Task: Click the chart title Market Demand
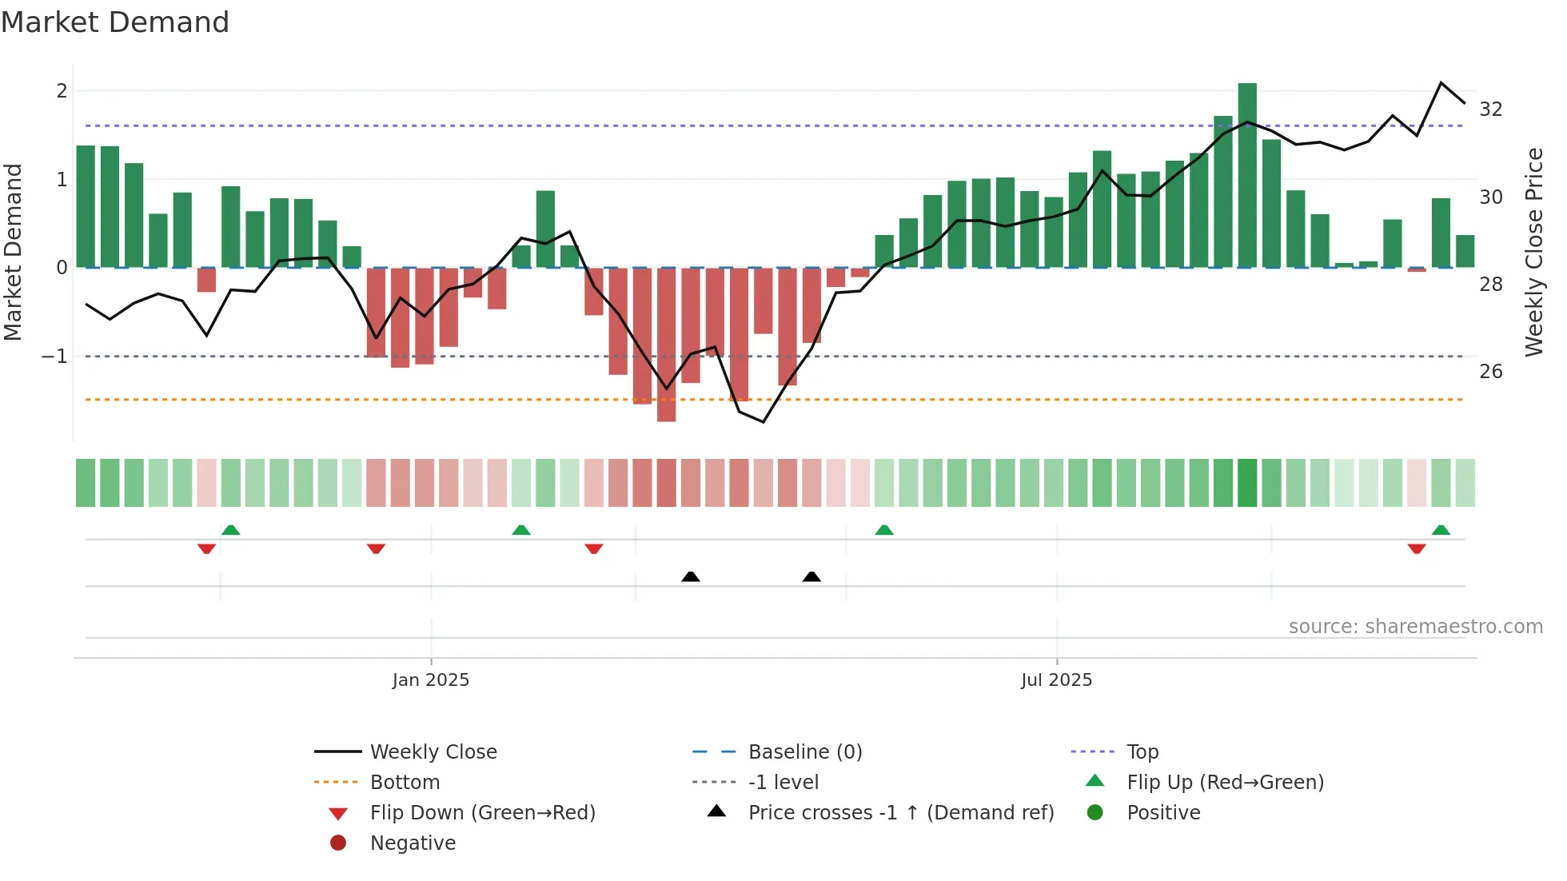pyautogui.click(x=115, y=22)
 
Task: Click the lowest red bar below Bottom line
pyautogui.click(x=666, y=344)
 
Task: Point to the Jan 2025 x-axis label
pyautogui.click(x=431, y=680)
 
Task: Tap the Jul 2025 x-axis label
pyautogui.click(x=1056, y=680)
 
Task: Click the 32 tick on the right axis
pyautogui.click(x=1491, y=110)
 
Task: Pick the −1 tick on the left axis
pyautogui.click(x=55, y=357)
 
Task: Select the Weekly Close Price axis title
pyautogui.click(x=1533, y=252)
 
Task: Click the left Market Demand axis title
pyautogui.click(x=14, y=252)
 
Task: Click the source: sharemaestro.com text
pyautogui.click(x=1415, y=627)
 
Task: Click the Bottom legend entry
pyautogui.click(x=405, y=783)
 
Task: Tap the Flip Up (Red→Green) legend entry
pyautogui.click(x=1225, y=783)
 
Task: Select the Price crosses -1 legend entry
pyautogui.click(x=900, y=813)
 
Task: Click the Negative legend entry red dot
pyautogui.click(x=338, y=843)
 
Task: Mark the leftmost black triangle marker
pyautogui.click(x=691, y=576)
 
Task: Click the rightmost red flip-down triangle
pyautogui.click(x=1417, y=548)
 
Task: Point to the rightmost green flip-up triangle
pyautogui.click(x=1441, y=530)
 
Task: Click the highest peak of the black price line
pyautogui.click(x=1441, y=83)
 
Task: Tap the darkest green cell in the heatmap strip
pyautogui.click(x=1247, y=483)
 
